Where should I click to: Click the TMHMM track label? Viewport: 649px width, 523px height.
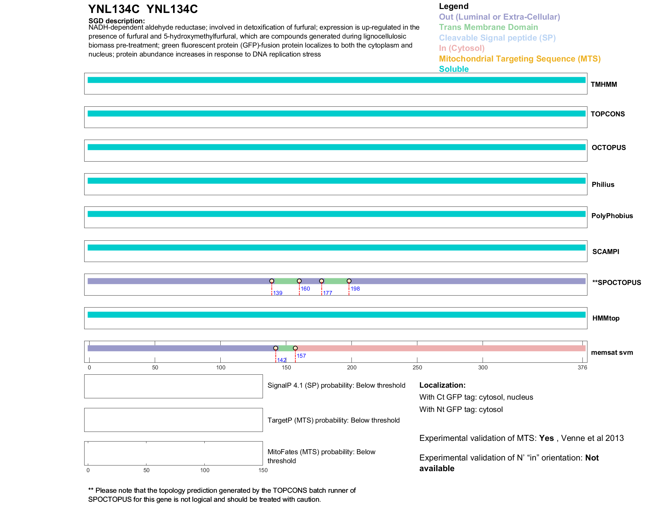point(604,84)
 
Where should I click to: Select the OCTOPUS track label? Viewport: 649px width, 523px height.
point(608,148)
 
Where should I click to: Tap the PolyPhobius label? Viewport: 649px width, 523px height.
point(612,216)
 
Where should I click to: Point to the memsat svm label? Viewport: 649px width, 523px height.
point(612,352)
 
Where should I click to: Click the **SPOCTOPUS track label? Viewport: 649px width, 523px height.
point(616,283)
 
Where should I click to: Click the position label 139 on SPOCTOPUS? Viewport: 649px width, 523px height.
point(278,293)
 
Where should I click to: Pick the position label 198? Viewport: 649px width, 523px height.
point(355,289)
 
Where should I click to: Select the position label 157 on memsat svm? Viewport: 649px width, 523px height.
point(301,356)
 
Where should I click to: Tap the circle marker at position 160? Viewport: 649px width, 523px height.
point(299,281)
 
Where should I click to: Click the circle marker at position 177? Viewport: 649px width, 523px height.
point(322,281)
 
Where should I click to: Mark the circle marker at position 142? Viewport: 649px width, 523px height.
point(276,348)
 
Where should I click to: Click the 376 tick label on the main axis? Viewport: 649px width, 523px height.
point(582,367)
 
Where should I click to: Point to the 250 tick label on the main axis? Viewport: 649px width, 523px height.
point(417,367)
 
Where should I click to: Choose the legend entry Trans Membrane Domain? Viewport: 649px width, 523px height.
point(488,27)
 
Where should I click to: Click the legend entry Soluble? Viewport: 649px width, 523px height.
point(454,69)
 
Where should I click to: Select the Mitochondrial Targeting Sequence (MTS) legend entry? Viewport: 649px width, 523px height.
point(520,59)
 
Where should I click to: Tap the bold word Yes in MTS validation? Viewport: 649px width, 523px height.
point(546,438)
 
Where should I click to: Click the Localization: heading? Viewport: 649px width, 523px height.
point(442,385)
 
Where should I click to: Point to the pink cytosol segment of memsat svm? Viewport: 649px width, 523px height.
point(439,348)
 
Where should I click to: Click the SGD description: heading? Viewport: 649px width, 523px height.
point(116,21)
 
